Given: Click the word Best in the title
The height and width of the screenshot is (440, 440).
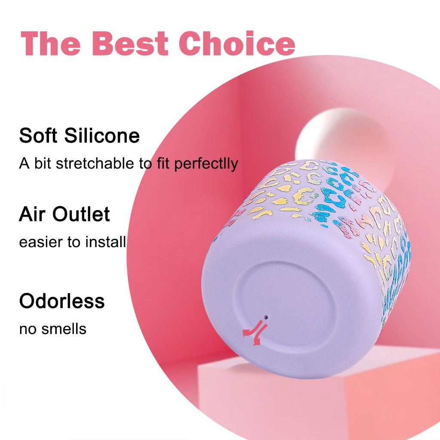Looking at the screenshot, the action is (x=130, y=43).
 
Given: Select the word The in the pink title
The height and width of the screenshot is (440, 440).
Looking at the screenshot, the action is (x=51, y=43).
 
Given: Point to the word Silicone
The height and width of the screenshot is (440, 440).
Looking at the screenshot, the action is (x=102, y=135).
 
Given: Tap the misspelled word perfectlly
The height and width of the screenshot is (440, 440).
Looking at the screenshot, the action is (x=206, y=164).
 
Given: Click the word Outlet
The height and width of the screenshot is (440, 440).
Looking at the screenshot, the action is (x=81, y=214).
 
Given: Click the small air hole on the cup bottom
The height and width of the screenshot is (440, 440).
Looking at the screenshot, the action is (x=266, y=318).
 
